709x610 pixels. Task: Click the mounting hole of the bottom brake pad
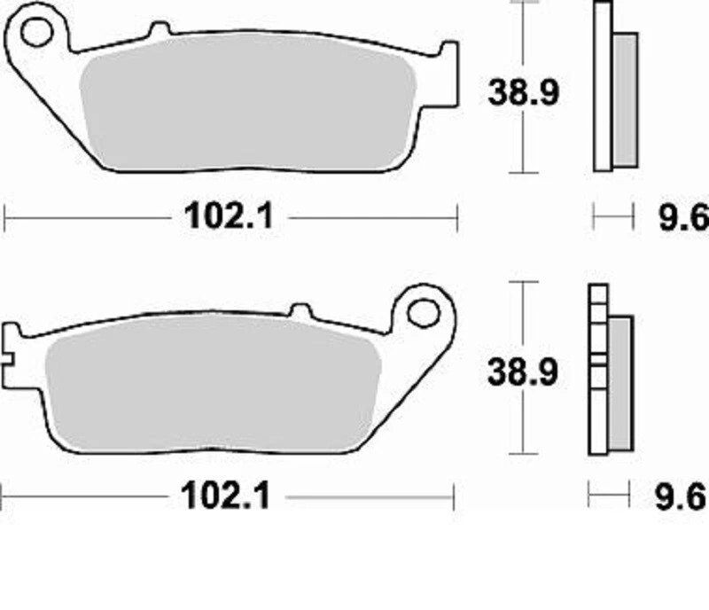click(425, 311)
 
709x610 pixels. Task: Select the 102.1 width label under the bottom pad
click(225, 497)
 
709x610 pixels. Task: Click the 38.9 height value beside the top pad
click(523, 92)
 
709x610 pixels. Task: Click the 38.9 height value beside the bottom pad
click(523, 373)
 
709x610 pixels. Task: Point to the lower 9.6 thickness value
click(683, 497)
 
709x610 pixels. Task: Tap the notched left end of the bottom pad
click(12, 346)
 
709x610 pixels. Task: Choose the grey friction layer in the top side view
click(625, 99)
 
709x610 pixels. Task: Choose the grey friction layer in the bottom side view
click(619, 383)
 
